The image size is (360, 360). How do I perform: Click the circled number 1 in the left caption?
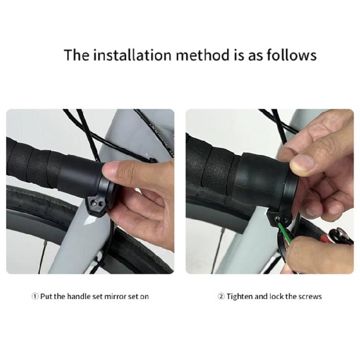point(35,296)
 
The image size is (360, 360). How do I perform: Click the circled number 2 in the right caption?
point(221,296)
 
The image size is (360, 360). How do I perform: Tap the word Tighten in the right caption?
point(240,296)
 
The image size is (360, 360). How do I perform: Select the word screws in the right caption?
point(310,296)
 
